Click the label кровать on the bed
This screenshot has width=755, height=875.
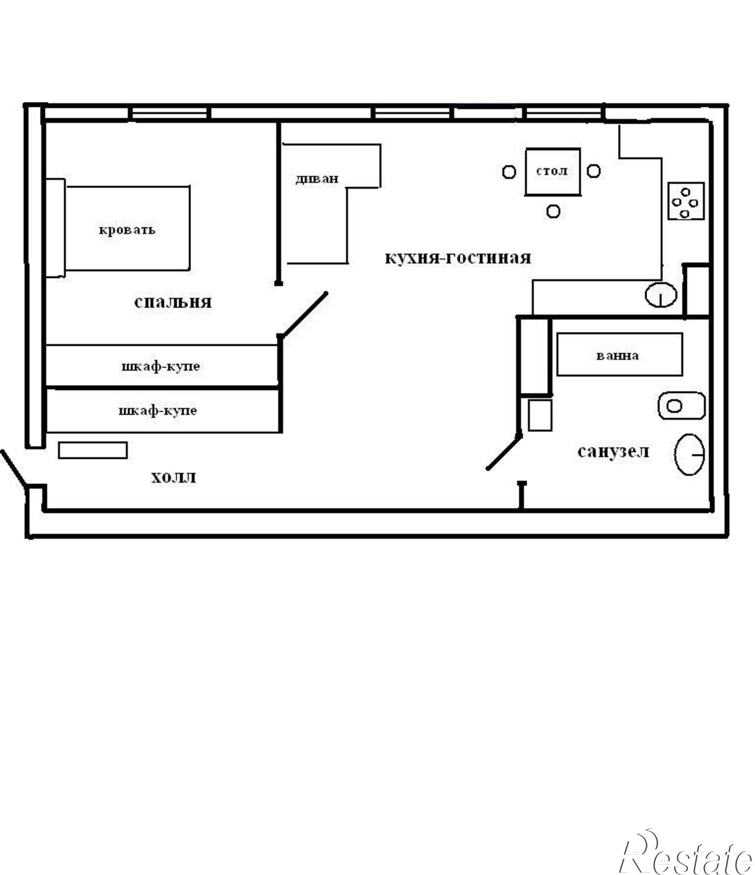pyautogui.click(x=127, y=230)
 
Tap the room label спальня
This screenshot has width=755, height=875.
pyautogui.click(x=173, y=302)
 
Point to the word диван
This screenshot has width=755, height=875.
pyautogui.click(x=317, y=178)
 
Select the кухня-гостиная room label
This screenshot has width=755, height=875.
pyautogui.click(x=458, y=257)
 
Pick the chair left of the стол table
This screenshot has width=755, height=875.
pyautogui.click(x=509, y=172)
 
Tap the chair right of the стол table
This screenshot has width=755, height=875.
pyautogui.click(x=593, y=171)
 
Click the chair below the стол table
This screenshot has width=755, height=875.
pyautogui.click(x=553, y=211)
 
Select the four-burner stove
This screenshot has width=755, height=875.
pyautogui.click(x=685, y=201)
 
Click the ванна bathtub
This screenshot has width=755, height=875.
pyautogui.click(x=619, y=354)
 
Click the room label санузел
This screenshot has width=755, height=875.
pyautogui.click(x=613, y=451)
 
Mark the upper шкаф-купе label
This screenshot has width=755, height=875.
pyautogui.click(x=161, y=366)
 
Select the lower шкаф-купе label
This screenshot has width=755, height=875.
pyautogui.click(x=158, y=411)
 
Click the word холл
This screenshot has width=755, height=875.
pyautogui.click(x=174, y=477)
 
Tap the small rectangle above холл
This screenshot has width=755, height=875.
pyautogui.click(x=93, y=450)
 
